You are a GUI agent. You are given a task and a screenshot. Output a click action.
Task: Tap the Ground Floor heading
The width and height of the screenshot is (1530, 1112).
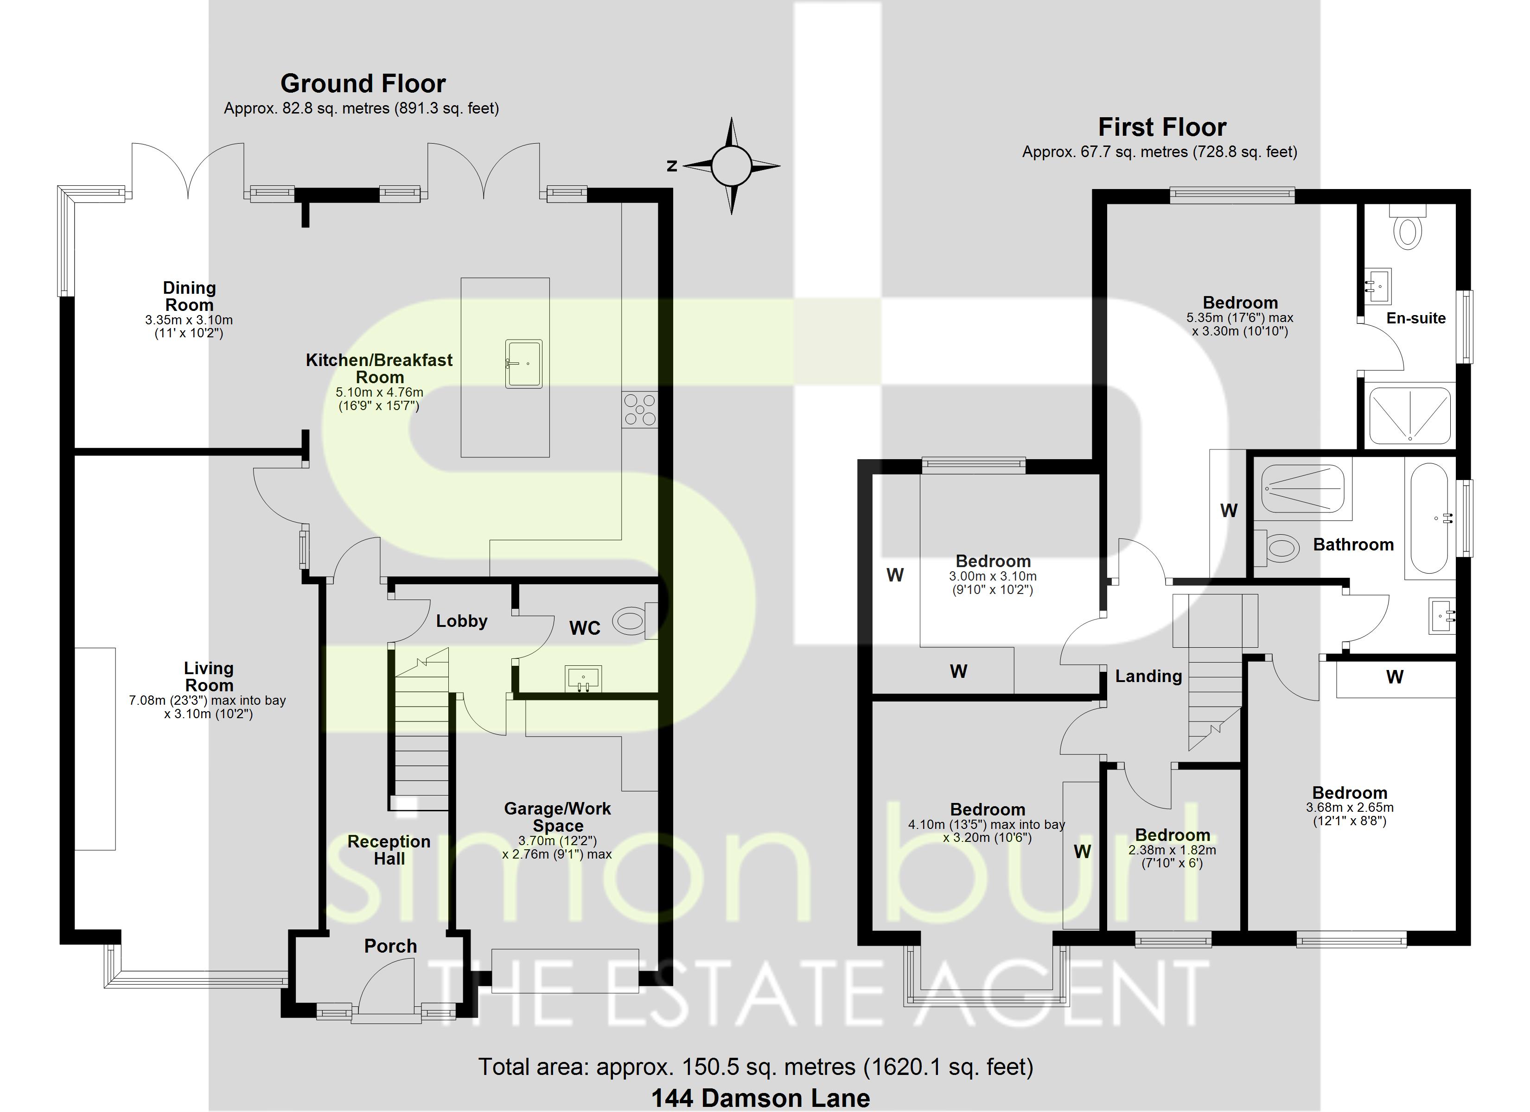tap(363, 83)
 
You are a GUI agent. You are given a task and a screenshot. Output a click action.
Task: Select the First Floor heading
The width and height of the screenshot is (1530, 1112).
tap(1162, 127)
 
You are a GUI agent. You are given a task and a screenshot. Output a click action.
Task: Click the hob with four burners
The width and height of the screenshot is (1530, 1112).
tap(639, 409)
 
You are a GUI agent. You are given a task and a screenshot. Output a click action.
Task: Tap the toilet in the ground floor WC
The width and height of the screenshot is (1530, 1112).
tap(633, 620)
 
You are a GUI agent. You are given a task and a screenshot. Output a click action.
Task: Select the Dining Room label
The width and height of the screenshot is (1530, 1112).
tap(190, 296)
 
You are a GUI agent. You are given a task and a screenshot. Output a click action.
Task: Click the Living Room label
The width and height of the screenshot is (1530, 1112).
tap(209, 676)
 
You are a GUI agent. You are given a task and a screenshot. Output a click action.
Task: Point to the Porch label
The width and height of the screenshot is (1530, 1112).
tap(390, 946)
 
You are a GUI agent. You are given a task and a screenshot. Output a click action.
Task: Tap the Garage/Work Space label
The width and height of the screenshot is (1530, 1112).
tap(557, 817)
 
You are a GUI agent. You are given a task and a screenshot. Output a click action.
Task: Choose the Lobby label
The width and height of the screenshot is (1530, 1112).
tap(461, 621)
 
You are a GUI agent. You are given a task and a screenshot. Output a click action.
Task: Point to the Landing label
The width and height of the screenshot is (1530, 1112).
tap(1148, 676)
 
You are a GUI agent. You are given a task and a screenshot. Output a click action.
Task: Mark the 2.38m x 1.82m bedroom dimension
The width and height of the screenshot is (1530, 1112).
tap(1172, 850)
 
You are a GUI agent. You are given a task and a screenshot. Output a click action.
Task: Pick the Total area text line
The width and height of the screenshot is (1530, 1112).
tap(756, 1066)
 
